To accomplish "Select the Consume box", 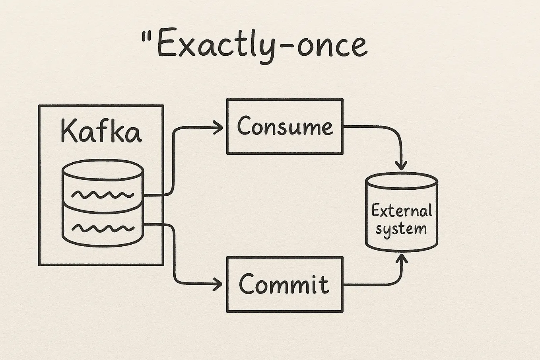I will point(284,126).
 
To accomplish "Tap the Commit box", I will point(284,284).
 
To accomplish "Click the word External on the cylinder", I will point(401,210).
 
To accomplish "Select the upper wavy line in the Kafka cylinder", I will point(103,195).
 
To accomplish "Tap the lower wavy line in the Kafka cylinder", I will point(103,228).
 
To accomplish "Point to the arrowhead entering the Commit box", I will point(219,284).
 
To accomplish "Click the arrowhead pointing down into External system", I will point(402,165).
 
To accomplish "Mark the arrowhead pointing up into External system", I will point(402,259).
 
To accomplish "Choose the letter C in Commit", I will point(247,284).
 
